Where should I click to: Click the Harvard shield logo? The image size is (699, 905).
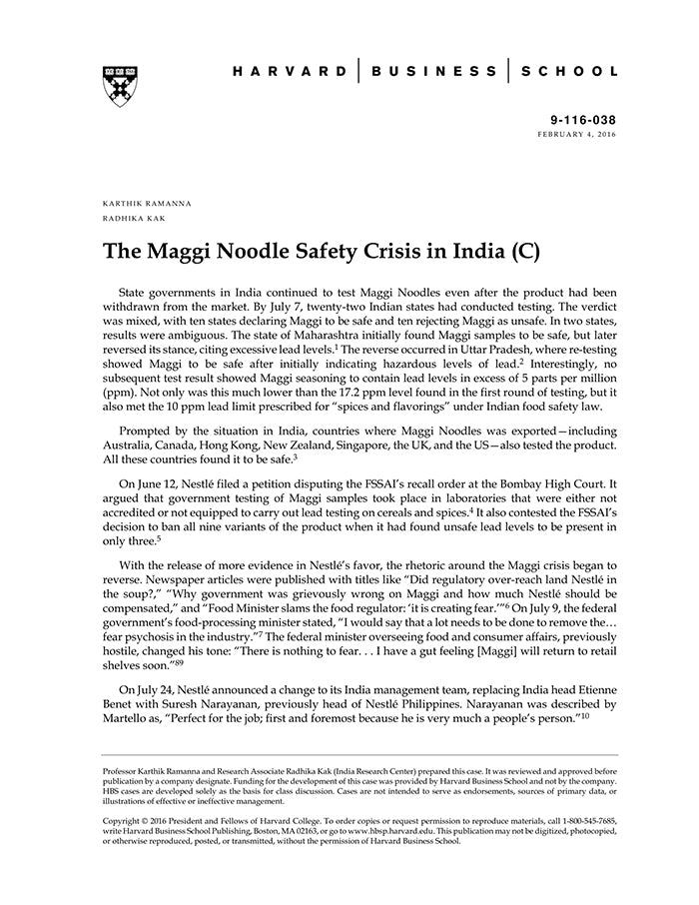[119, 85]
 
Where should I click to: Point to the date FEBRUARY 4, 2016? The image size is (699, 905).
[577, 133]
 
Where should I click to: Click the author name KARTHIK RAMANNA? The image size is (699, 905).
[147, 203]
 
